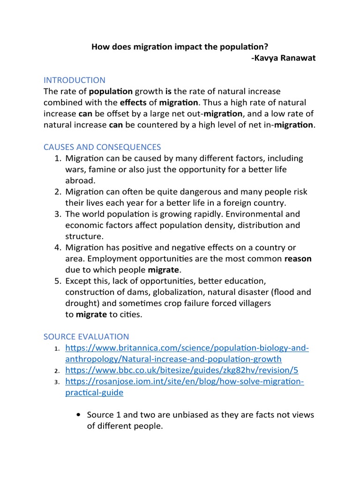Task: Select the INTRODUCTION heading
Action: (75, 80)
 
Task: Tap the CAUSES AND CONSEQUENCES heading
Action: (102, 147)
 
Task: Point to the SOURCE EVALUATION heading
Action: (86, 337)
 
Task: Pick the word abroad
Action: (80, 180)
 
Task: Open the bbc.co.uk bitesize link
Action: (181, 370)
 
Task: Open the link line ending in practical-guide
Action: (94, 392)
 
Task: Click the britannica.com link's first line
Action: (187, 348)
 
